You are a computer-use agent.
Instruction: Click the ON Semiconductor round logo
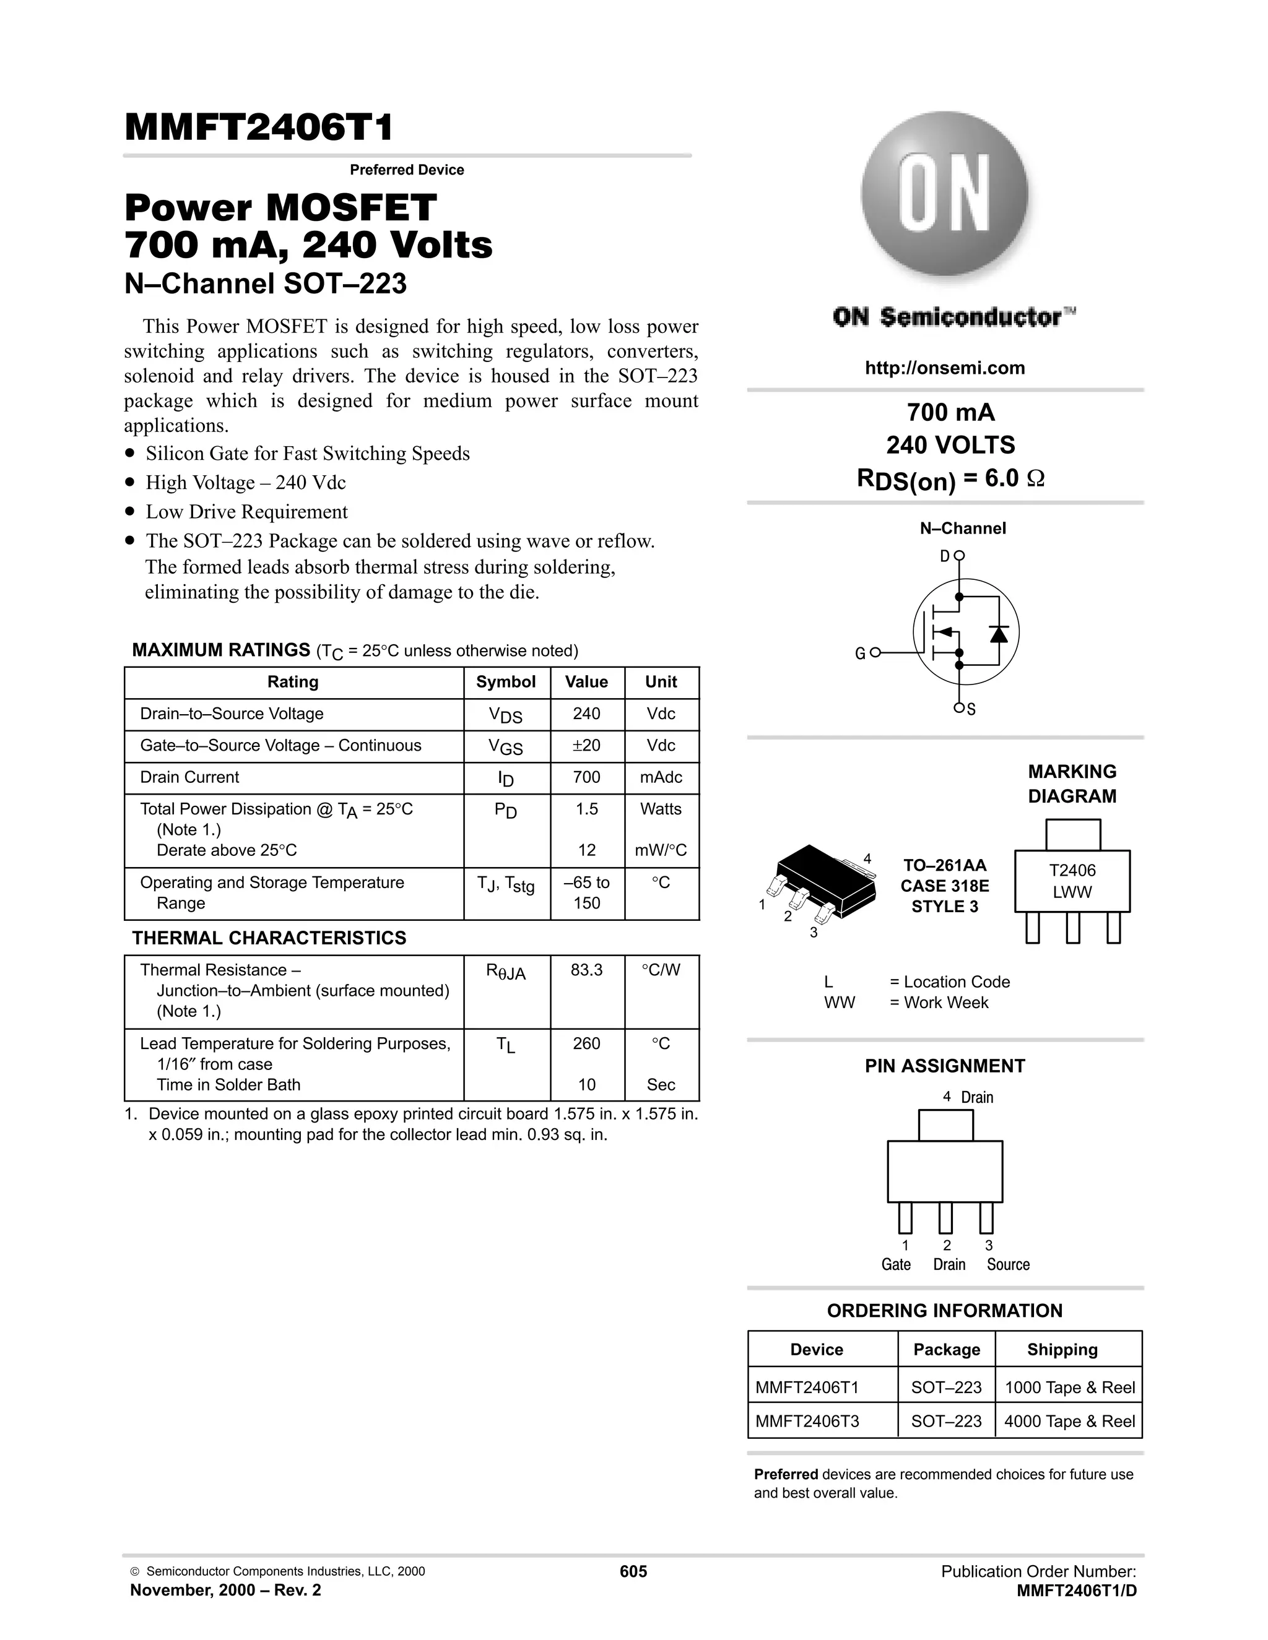pos(944,197)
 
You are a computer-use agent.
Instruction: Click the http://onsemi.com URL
pos(944,368)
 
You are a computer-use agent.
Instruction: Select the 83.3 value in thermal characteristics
pos(586,970)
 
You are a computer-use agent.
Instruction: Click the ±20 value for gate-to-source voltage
pos(586,746)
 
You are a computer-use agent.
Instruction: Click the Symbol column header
pos(506,682)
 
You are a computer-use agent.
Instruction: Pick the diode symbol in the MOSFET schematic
pos(998,634)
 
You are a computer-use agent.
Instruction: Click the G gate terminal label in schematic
pos(860,654)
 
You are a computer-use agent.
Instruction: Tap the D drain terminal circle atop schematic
pos(959,556)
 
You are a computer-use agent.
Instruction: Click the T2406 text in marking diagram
pos(1072,870)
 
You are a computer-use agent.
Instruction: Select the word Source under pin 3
pos(1007,1264)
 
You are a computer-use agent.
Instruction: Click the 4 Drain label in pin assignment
pos(968,1097)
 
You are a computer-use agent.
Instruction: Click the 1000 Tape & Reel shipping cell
pos(1069,1388)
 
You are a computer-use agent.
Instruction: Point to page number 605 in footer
pos(633,1572)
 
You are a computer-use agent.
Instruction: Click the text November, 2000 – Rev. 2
pos(225,1590)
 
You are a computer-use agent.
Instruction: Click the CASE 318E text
pos(944,886)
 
